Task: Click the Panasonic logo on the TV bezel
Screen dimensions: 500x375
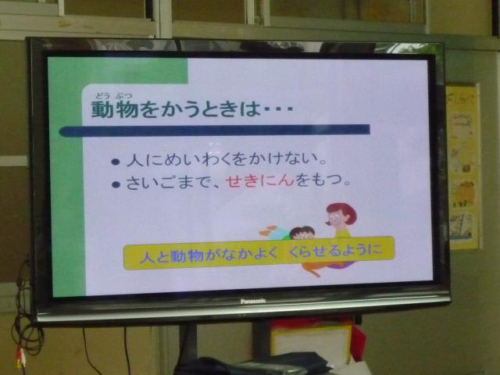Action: coord(253,301)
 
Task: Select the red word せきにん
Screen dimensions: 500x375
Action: coord(260,180)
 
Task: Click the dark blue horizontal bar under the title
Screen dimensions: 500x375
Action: coord(214,130)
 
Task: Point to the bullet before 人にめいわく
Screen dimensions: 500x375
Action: coord(116,162)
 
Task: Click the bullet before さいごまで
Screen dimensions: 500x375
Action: coord(116,184)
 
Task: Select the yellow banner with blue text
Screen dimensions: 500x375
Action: coord(259,253)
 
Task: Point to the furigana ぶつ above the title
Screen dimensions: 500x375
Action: coord(124,95)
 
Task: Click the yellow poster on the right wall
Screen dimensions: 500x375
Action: coord(463,166)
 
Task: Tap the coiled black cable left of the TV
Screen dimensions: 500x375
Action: coord(27,331)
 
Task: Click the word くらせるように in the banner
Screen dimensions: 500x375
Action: coord(335,250)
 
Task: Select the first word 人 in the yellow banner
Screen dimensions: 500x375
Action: coord(147,256)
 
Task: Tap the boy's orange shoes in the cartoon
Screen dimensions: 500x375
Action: coord(267,231)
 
